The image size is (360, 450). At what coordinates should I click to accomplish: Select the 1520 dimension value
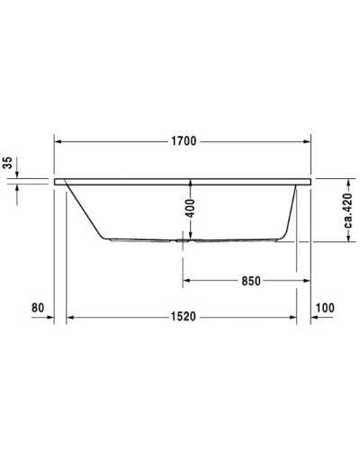coord(184,318)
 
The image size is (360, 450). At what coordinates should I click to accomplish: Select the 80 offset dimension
coord(37,309)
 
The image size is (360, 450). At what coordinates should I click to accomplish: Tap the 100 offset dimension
coord(325,309)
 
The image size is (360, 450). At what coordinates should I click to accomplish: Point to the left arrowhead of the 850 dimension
coord(188,281)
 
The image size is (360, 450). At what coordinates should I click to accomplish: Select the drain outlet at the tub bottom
coord(184,240)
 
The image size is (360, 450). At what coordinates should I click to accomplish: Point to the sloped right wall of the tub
coord(290,211)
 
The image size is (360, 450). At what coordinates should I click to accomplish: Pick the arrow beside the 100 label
coord(318,318)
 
